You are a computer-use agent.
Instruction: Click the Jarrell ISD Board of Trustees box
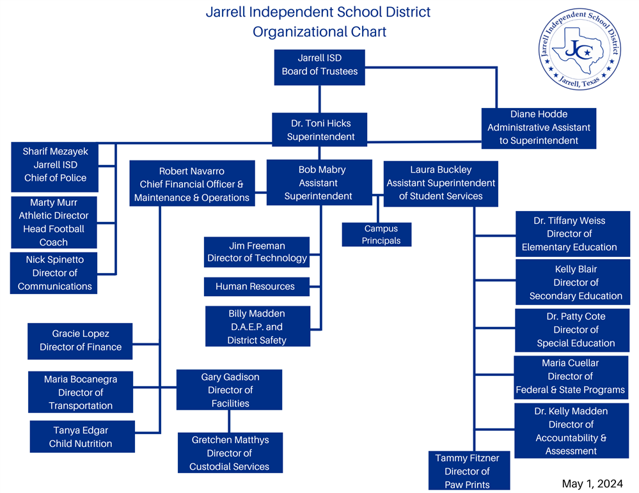[320, 67]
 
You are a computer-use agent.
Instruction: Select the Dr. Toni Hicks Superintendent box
[320, 130]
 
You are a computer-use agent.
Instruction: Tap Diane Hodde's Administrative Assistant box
[539, 128]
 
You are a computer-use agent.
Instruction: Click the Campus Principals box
[377, 234]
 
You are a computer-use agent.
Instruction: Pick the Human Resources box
[256, 286]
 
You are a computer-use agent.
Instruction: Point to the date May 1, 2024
[592, 483]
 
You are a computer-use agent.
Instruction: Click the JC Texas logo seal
[580, 49]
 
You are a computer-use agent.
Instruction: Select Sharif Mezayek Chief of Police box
[54, 167]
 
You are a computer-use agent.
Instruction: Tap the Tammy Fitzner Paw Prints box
[469, 470]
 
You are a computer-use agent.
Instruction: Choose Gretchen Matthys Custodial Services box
[230, 453]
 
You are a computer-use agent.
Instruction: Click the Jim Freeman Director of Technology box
[256, 252]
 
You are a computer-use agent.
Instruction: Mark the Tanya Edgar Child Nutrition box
[83, 437]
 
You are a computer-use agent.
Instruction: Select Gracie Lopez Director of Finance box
[80, 341]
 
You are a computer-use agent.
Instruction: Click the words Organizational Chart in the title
[320, 32]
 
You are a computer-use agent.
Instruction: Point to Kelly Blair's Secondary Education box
[572, 283]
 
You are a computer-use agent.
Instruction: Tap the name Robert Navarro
[191, 171]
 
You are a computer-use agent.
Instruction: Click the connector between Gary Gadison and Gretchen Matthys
[229, 421]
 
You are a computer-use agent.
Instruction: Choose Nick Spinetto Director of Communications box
[53, 273]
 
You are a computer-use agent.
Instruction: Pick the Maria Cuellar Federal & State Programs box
[571, 377]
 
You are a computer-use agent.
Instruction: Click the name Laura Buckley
[441, 169]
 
